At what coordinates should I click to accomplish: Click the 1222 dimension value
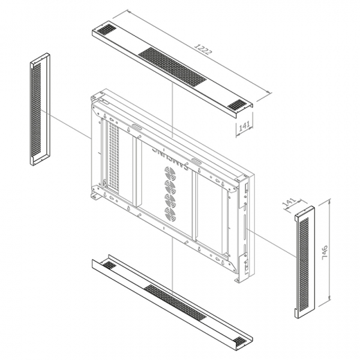pyautogui.click(x=203, y=49)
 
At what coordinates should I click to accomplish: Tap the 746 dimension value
pyautogui.click(x=325, y=253)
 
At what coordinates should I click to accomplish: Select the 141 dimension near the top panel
pyautogui.click(x=244, y=126)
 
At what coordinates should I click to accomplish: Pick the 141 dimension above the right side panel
pyautogui.click(x=289, y=201)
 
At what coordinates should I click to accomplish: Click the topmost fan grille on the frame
pyautogui.click(x=170, y=172)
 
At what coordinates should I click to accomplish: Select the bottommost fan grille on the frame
pyautogui.click(x=170, y=215)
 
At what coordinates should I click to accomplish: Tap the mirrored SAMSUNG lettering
pyautogui.click(x=170, y=159)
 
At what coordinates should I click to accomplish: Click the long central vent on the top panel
pyautogui.click(x=172, y=66)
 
